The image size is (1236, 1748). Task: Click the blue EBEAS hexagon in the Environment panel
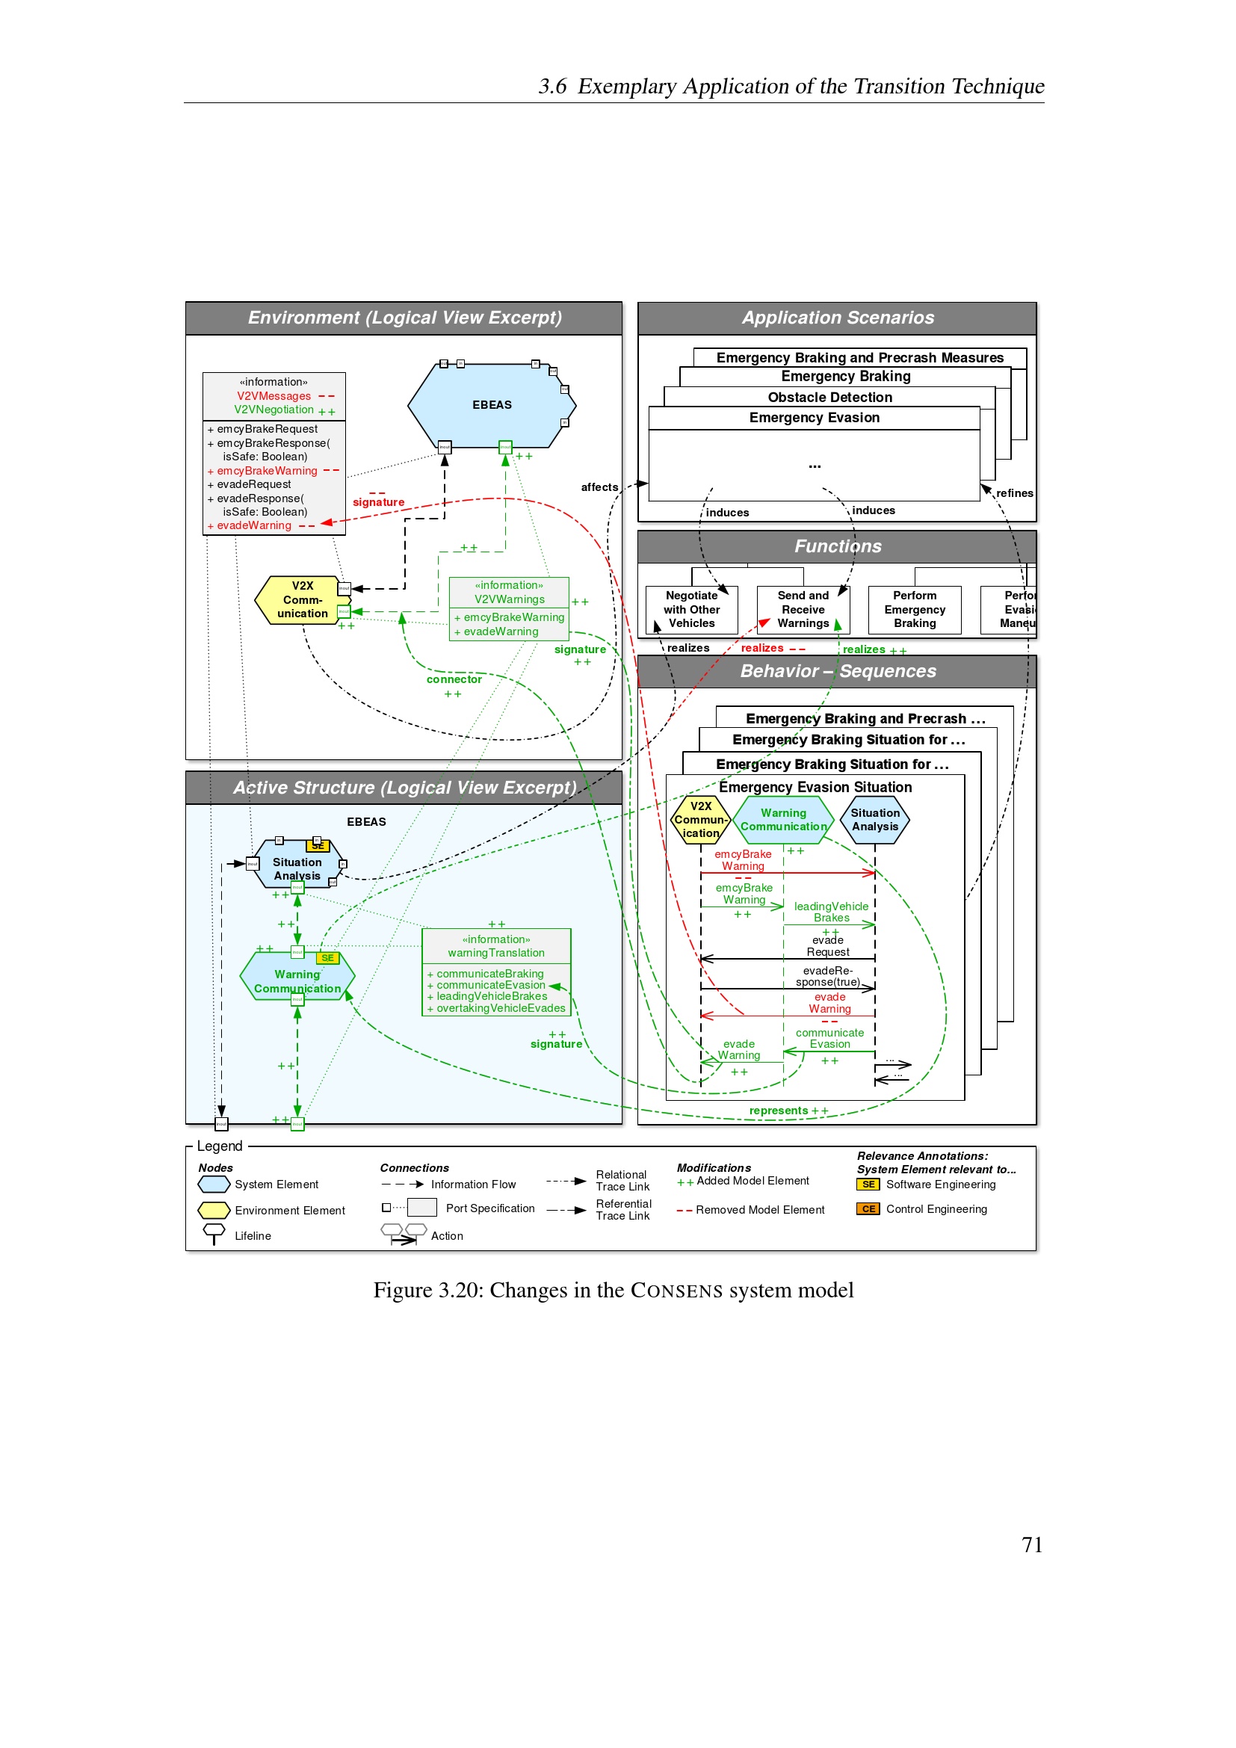492,405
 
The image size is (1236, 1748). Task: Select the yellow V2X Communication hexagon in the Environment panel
301,600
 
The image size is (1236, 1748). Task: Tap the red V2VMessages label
274,396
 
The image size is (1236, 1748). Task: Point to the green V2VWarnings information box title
509,599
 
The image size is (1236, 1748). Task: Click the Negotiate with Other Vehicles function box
691,610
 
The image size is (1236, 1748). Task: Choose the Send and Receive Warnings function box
803,610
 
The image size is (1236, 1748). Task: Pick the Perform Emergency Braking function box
914,610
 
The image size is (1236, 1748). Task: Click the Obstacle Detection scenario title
829,398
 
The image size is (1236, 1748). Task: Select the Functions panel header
837,546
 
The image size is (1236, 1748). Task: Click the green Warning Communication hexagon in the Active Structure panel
297,981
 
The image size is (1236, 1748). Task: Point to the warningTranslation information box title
496,952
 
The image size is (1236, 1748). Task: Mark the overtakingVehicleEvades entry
501,1009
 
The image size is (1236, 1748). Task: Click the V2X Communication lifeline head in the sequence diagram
701,820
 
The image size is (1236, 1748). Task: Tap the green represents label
778,1111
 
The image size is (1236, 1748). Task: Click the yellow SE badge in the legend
868,1185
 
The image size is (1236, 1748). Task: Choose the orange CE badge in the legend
868,1209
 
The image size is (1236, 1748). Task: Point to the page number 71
1031,1545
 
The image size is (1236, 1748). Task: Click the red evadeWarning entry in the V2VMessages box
254,526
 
